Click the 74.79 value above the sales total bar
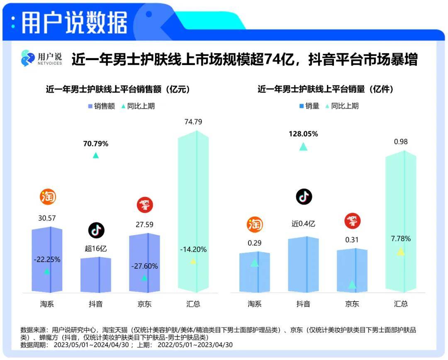coord(193,122)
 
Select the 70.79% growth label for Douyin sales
coord(96,144)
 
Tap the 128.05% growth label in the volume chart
coord(303,134)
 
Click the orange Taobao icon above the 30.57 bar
coord(47,197)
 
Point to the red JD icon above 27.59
coord(145,204)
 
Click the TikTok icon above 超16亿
coord(96,230)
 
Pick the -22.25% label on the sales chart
coord(47,260)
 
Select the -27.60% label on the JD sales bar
coord(144,266)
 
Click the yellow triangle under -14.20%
coord(193,261)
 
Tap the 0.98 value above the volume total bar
coord(401,142)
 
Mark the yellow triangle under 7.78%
coord(400,252)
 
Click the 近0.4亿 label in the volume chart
coord(304,224)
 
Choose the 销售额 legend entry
coord(101,106)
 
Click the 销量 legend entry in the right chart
coord(309,106)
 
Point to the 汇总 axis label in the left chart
coord(193,304)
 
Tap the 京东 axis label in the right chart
coord(352,304)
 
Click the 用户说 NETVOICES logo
coord(41,58)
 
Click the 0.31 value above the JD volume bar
coord(352,240)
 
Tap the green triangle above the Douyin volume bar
coord(303,146)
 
